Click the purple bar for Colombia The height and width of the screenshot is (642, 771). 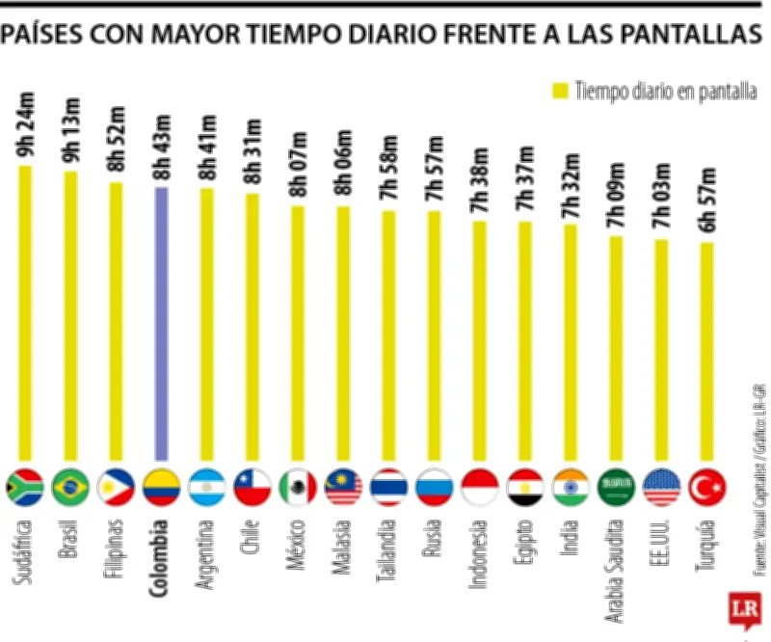click(x=161, y=323)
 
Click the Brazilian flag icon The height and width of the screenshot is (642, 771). click(x=70, y=488)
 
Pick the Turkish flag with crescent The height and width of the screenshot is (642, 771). click(x=706, y=488)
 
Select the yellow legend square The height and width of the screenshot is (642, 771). click(x=558, y=92)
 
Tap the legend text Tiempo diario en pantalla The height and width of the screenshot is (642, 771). click(x=664, y=92)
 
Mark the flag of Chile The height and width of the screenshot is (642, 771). click(x=252, y=488)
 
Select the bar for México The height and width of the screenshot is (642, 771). click(x=297, y=333)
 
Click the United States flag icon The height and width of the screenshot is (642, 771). click(x=661, y=488)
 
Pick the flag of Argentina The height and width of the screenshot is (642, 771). click(x=206, y=488)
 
